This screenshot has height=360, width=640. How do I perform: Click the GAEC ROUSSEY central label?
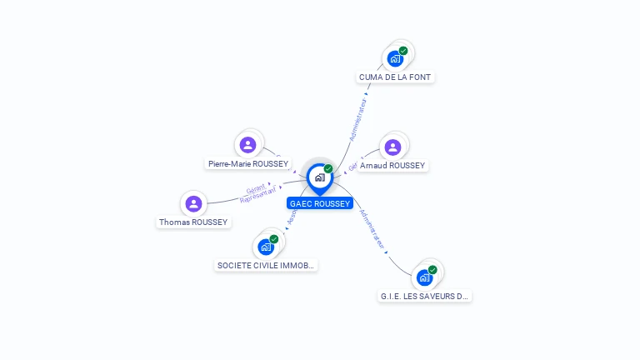320,203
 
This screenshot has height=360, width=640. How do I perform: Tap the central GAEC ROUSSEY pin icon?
319,177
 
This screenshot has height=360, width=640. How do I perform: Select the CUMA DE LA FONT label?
397,77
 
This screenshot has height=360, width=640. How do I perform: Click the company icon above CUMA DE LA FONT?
395,59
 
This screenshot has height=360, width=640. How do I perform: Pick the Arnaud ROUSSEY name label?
392,166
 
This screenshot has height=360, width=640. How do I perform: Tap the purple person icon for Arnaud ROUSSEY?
393,147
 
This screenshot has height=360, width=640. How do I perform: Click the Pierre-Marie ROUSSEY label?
248,164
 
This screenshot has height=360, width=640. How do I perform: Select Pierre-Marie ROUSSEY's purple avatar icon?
247,145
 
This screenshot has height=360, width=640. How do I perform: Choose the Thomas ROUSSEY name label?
194,222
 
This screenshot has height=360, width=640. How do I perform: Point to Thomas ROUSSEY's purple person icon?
194,203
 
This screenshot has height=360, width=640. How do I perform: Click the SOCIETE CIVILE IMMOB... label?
267,266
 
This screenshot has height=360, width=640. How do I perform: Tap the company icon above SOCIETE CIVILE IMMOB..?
266,247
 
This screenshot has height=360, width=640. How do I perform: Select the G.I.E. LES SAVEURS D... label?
425,296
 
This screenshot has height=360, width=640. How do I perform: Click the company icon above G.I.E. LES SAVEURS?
424,277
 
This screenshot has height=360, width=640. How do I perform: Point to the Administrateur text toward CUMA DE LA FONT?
357,118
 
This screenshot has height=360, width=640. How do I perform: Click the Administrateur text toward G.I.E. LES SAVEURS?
372,229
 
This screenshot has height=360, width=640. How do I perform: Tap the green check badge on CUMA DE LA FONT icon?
403,51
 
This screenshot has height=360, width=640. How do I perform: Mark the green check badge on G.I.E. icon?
432,269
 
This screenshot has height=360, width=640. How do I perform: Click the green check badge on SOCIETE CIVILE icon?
274,239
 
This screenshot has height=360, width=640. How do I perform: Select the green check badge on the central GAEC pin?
328,169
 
